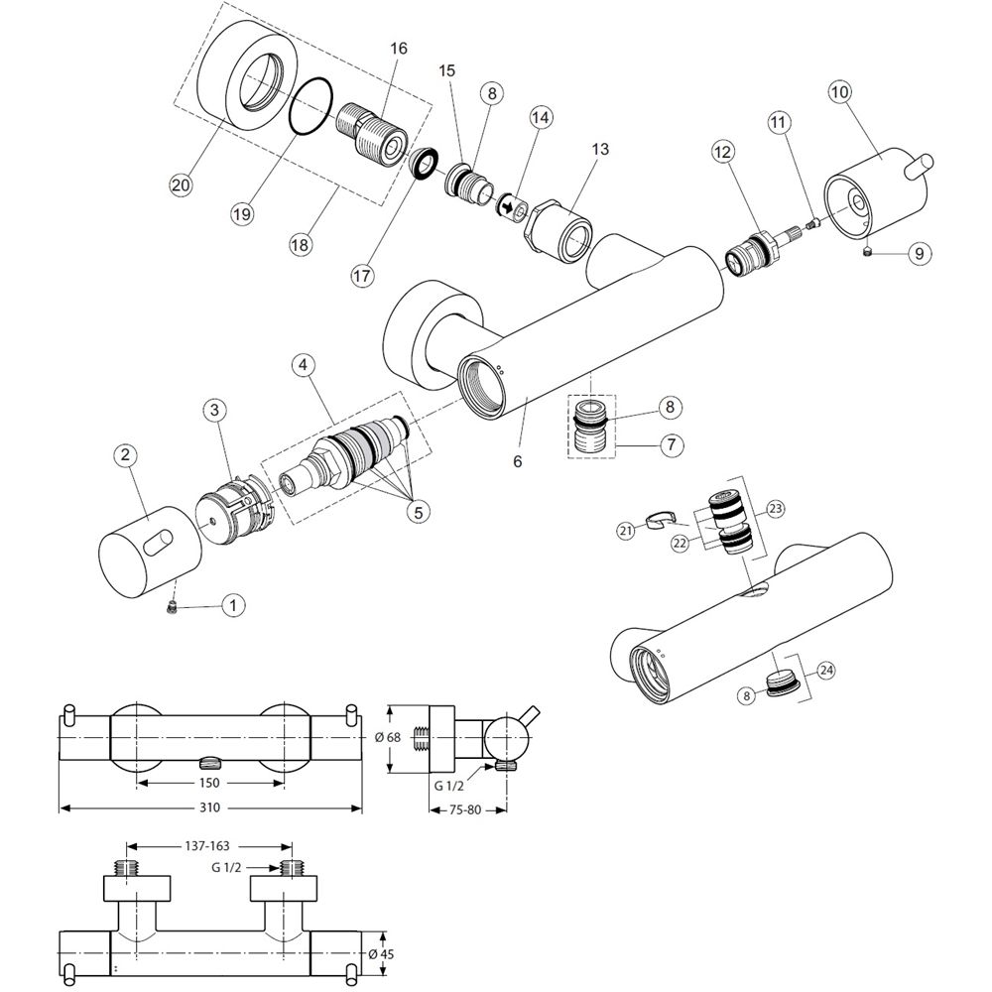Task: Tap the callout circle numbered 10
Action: (839, 93)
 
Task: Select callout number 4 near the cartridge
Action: (306, 365)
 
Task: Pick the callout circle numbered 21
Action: (626, 532)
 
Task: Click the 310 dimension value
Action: (209, 808)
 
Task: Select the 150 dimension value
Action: (209, 782)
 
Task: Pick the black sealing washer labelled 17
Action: (424, 162)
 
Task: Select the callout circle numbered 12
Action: (722, 152)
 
